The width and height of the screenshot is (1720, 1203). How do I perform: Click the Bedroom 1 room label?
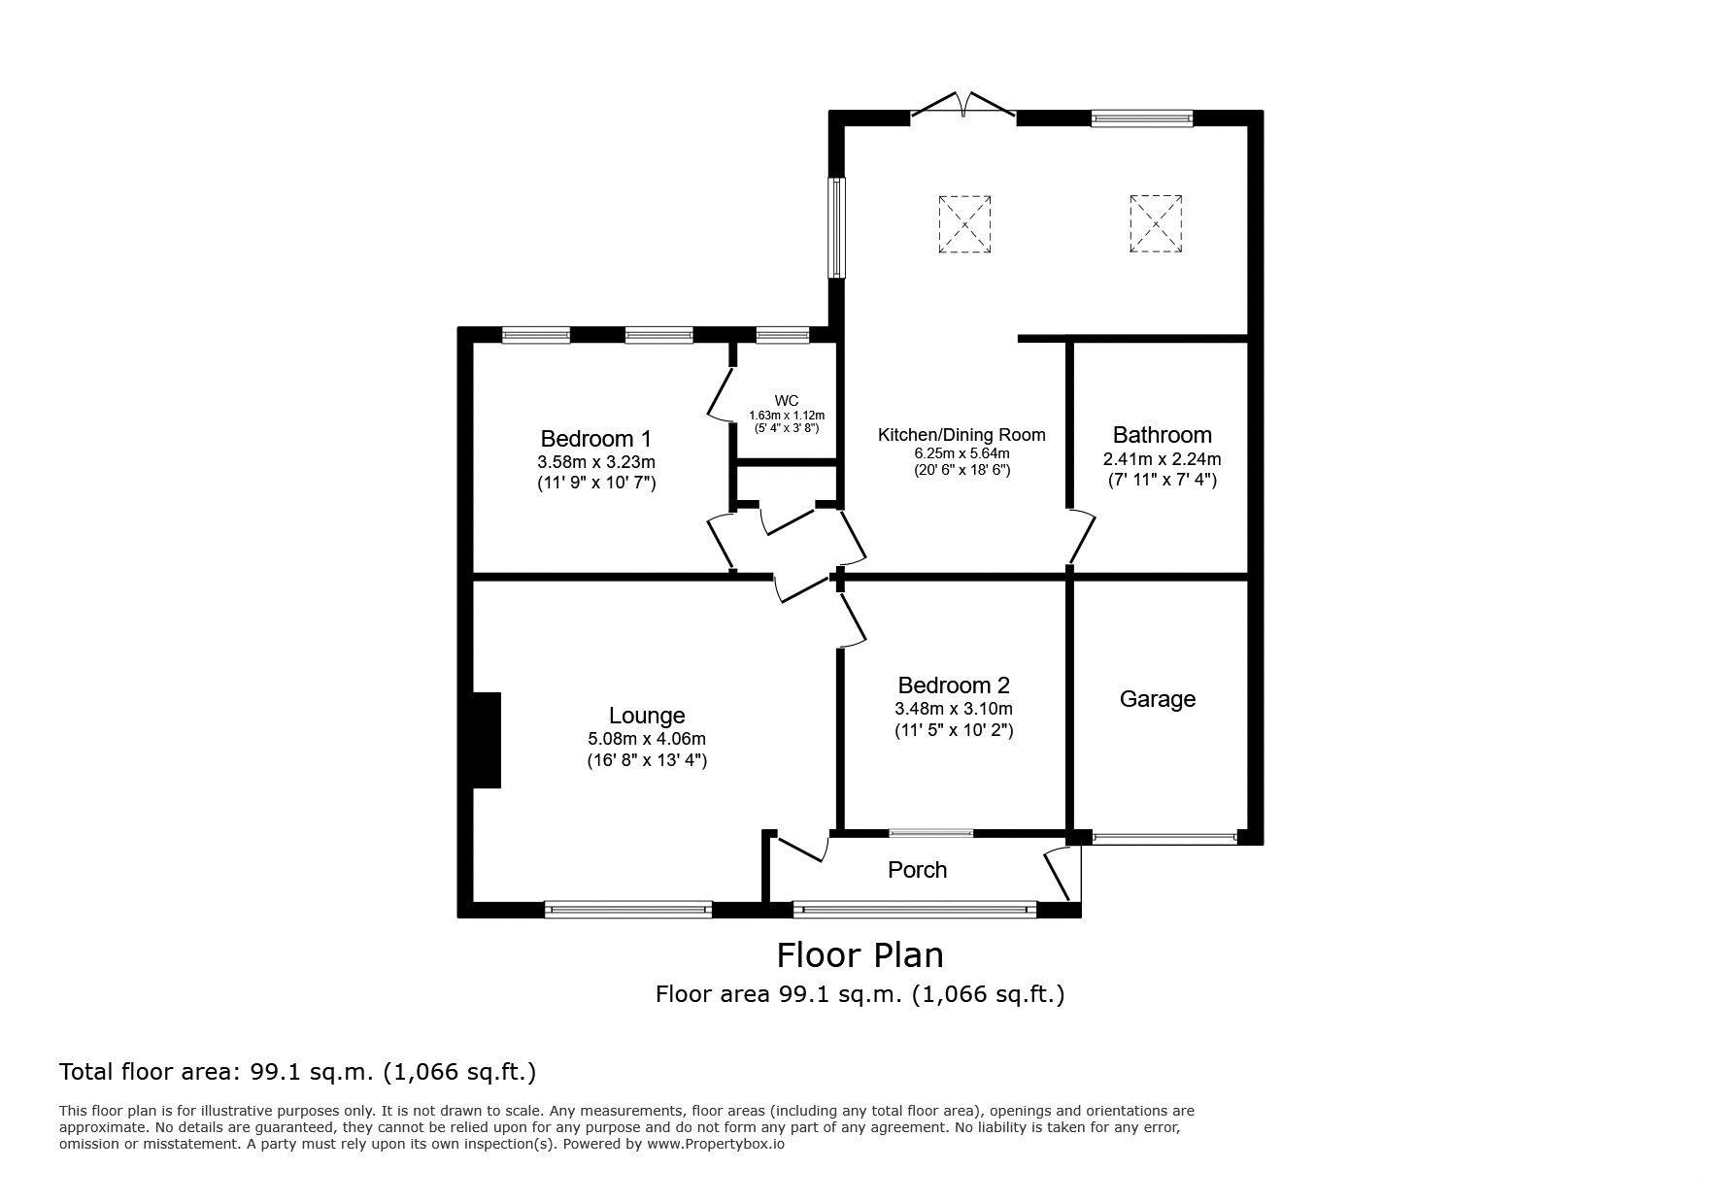tap(595, 438)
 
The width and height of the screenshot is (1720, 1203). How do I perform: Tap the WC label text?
tap(787, 401)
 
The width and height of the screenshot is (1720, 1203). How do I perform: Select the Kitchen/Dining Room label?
tap(961, 435)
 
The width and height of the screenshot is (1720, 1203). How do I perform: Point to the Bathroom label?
tap(1162, 435)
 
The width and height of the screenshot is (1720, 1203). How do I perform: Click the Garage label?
tap(1158, 699)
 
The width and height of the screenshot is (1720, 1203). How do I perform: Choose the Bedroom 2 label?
tap(954, 685)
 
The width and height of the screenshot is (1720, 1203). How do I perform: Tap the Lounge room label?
tap(647, 717)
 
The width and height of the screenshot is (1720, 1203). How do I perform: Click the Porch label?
tap(917, 870)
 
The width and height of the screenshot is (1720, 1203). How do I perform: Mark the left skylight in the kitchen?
tap(964, 224)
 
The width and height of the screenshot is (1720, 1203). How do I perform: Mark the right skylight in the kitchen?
tap(1156, 224)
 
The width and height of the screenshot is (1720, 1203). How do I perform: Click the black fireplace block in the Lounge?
tap(486, 740)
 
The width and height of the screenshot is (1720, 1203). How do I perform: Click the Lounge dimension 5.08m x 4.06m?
tap(647, 739)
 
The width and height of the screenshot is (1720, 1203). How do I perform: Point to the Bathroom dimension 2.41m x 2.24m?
tap(1162, 459)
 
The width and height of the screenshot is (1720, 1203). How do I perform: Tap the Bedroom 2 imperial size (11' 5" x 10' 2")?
tap(954, 730)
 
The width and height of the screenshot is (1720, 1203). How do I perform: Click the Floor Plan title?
tap(860, 955)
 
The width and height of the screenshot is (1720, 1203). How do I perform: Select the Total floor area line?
tap(298, 1073)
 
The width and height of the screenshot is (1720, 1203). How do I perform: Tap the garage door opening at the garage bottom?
tap(1164, 837)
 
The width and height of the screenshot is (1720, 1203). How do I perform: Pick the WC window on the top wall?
tap(782, 336)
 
